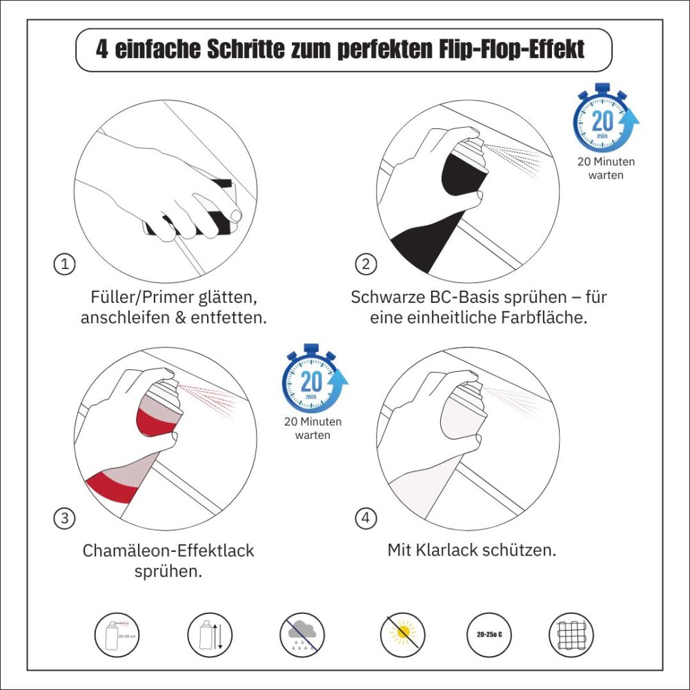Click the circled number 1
(64, 264)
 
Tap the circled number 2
(366, 264)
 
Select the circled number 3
(64, 518)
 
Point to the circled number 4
(366, 518)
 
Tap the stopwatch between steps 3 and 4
(312, 381)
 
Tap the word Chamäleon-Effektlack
(168, 551)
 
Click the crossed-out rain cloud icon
(302, 633)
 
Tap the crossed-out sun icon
(402, 633)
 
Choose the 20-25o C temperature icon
(489, 633)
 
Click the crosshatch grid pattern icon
(571, 633)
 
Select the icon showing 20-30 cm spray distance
(116, 633)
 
